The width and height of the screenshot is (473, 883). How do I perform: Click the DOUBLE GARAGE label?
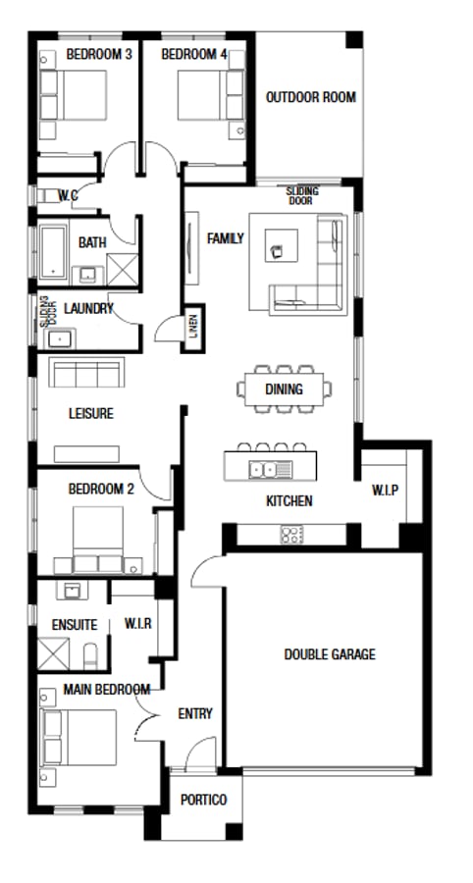click(329, 654)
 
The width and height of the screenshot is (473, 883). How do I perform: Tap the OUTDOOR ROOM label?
click(311, 97)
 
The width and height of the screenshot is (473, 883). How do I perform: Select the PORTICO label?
click(203, 800)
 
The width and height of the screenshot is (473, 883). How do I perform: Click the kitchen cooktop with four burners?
click(291, 535)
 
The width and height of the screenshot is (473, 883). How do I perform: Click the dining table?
click(283, 389)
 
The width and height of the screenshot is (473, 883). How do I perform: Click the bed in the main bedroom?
click(79, 737)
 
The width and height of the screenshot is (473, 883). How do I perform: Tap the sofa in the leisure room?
click(87, 373)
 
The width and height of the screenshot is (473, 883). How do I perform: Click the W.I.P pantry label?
click(385, 490)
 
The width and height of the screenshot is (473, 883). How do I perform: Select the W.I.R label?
click(137, 623)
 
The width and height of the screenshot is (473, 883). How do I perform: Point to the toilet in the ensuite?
click(90, 654)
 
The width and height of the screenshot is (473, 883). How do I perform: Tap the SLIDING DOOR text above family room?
click(301, 195)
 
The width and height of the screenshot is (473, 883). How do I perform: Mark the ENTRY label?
click(195, 714)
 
